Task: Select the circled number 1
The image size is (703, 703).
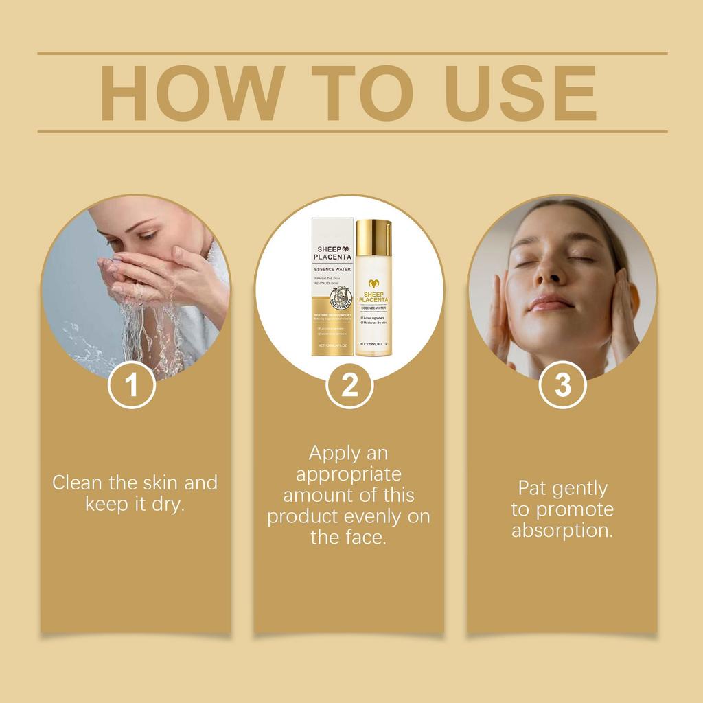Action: click(132, 385)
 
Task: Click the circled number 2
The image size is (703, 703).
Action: click(349, 385)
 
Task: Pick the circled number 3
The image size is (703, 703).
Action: click(562, 385)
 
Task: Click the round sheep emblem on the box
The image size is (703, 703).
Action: click(341, 299)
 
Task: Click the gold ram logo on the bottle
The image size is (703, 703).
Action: click(373, 283)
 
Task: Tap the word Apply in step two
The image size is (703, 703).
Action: click(334, 454)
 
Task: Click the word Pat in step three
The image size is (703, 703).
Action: click(532, 488)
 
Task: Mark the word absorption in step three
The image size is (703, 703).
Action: click(562, 531)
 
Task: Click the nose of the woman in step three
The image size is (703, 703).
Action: click(549, 275)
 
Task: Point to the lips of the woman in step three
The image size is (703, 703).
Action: click(551, 303)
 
